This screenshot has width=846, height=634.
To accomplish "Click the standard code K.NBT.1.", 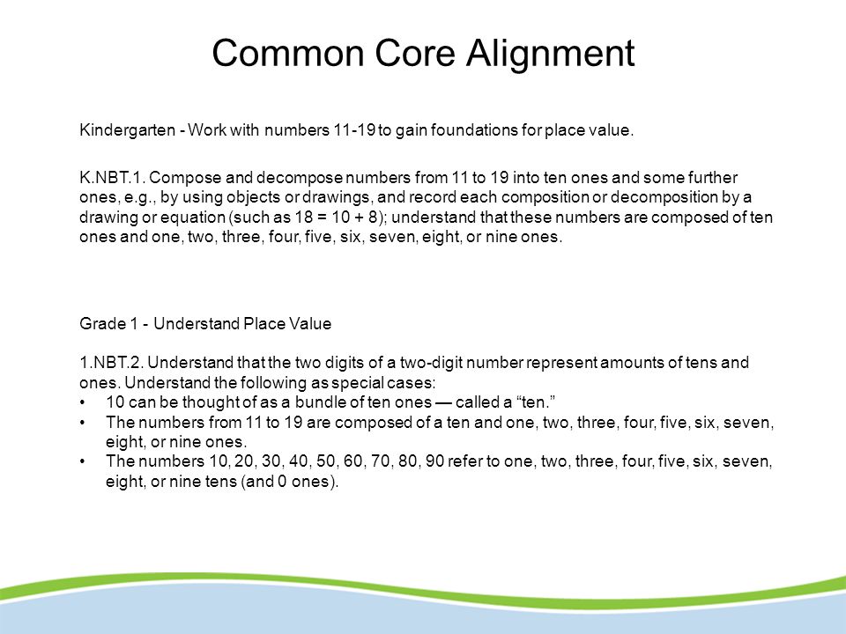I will (x=110, y=178).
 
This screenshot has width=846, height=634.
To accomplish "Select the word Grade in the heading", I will (x=99, y=323).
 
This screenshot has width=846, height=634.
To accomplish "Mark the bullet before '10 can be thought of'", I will (x=82, y=402).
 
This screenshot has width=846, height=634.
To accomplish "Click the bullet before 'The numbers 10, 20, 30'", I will (x=82, y=462).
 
